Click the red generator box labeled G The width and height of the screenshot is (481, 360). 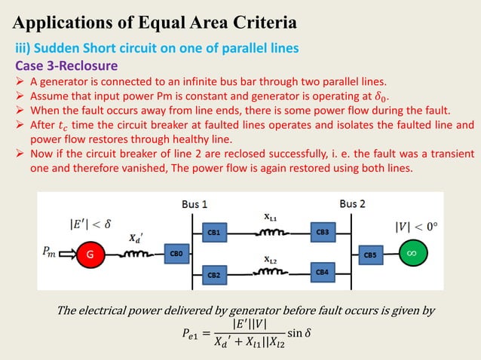point(89,255)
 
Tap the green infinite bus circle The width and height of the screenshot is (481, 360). point(411,254)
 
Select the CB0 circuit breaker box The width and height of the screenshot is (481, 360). point(176,255)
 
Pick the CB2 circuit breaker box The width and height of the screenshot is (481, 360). point(214,276)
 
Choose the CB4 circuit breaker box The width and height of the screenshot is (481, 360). point(321,271)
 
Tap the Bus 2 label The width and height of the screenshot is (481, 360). point(352,203)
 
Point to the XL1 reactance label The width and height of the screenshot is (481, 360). point(269,218)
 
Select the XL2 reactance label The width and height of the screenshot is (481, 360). point(269,260)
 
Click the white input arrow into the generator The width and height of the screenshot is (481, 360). point(65,255)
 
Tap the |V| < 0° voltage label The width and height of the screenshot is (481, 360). point(416,225)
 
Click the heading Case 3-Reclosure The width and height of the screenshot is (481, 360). point(67,66)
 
